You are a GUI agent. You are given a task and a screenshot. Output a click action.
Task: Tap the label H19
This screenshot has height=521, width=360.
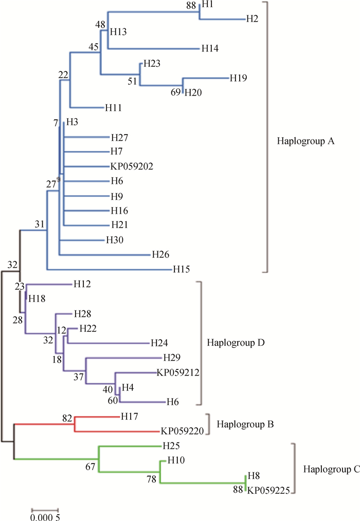pos(238,78)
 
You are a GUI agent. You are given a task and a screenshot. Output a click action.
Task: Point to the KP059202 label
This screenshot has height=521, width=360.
pos(132,166)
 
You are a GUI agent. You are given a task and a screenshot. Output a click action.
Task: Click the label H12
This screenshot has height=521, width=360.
pos(82,284)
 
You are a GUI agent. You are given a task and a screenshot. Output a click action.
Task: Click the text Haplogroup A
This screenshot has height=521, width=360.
pos(305,140)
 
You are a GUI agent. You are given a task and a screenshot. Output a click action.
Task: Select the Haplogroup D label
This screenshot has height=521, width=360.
pos(235,342)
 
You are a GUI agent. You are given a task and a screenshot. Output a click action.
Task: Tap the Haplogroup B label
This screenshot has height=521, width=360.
pos(245,424)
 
